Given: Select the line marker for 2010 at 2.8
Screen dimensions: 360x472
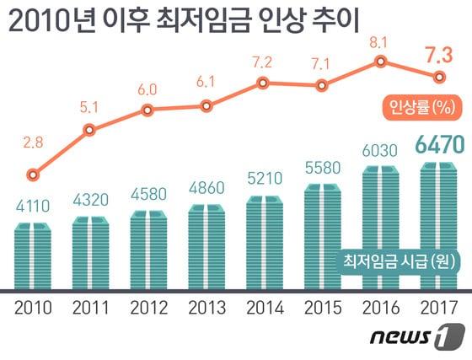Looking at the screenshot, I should point(32,175).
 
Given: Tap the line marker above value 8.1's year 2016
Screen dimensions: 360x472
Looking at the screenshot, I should point(382,61).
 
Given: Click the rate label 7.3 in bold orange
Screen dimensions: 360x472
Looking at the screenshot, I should point(438,56).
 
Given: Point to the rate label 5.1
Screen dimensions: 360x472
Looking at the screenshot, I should point(90,107).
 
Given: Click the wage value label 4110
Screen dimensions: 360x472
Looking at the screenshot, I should point(33,207).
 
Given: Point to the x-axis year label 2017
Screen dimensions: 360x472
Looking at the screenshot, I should point(439,307).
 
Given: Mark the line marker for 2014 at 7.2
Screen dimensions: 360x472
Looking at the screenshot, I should point(265,83).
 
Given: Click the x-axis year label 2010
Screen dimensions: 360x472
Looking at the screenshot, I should point(33,307).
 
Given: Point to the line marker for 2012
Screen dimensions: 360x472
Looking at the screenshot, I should point(148,110).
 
